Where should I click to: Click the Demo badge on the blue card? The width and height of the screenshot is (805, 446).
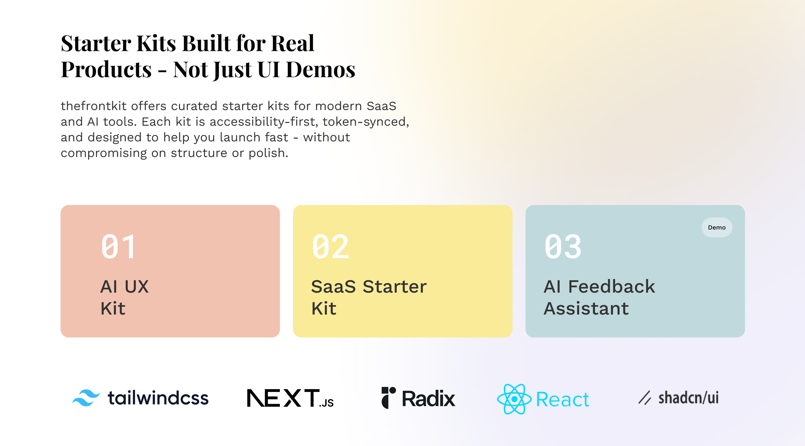coord(717,227)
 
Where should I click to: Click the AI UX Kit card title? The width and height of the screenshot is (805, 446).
coord(124,297)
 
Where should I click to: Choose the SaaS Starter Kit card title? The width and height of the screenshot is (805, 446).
coord(369,297)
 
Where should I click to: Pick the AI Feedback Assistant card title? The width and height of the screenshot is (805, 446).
coord(599,297)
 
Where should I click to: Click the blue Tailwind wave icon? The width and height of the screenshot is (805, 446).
coord(86,398)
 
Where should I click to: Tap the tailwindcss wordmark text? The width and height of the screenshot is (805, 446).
coord(158,398)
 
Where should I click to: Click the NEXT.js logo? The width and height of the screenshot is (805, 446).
coord(290,398)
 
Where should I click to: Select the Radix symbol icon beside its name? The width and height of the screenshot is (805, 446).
coord(389,397)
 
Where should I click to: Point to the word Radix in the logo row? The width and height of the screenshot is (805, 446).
coord(428,399)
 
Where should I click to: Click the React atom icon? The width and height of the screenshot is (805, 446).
coord(514,399)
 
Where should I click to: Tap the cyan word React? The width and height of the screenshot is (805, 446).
coord(562,399)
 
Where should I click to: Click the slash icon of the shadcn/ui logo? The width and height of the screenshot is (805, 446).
coord(645,397)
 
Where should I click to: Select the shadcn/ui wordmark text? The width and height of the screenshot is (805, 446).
coord(688,397)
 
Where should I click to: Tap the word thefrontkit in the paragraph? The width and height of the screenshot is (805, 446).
coord(94,106)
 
